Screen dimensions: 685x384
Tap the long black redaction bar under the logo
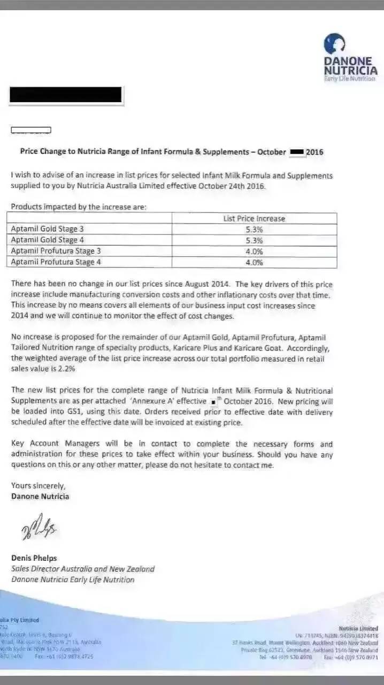66,95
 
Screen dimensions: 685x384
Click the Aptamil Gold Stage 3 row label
47,229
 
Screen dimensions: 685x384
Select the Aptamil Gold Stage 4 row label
47,240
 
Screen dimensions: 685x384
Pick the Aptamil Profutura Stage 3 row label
56,251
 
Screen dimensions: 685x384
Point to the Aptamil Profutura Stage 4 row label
56,262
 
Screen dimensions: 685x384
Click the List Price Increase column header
254,218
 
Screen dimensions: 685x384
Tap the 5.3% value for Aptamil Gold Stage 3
254,230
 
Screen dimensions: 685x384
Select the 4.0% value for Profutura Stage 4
254,263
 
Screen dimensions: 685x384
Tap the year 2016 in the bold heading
314,152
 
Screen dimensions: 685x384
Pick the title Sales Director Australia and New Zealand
83,569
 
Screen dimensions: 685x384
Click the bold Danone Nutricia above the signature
40,496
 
